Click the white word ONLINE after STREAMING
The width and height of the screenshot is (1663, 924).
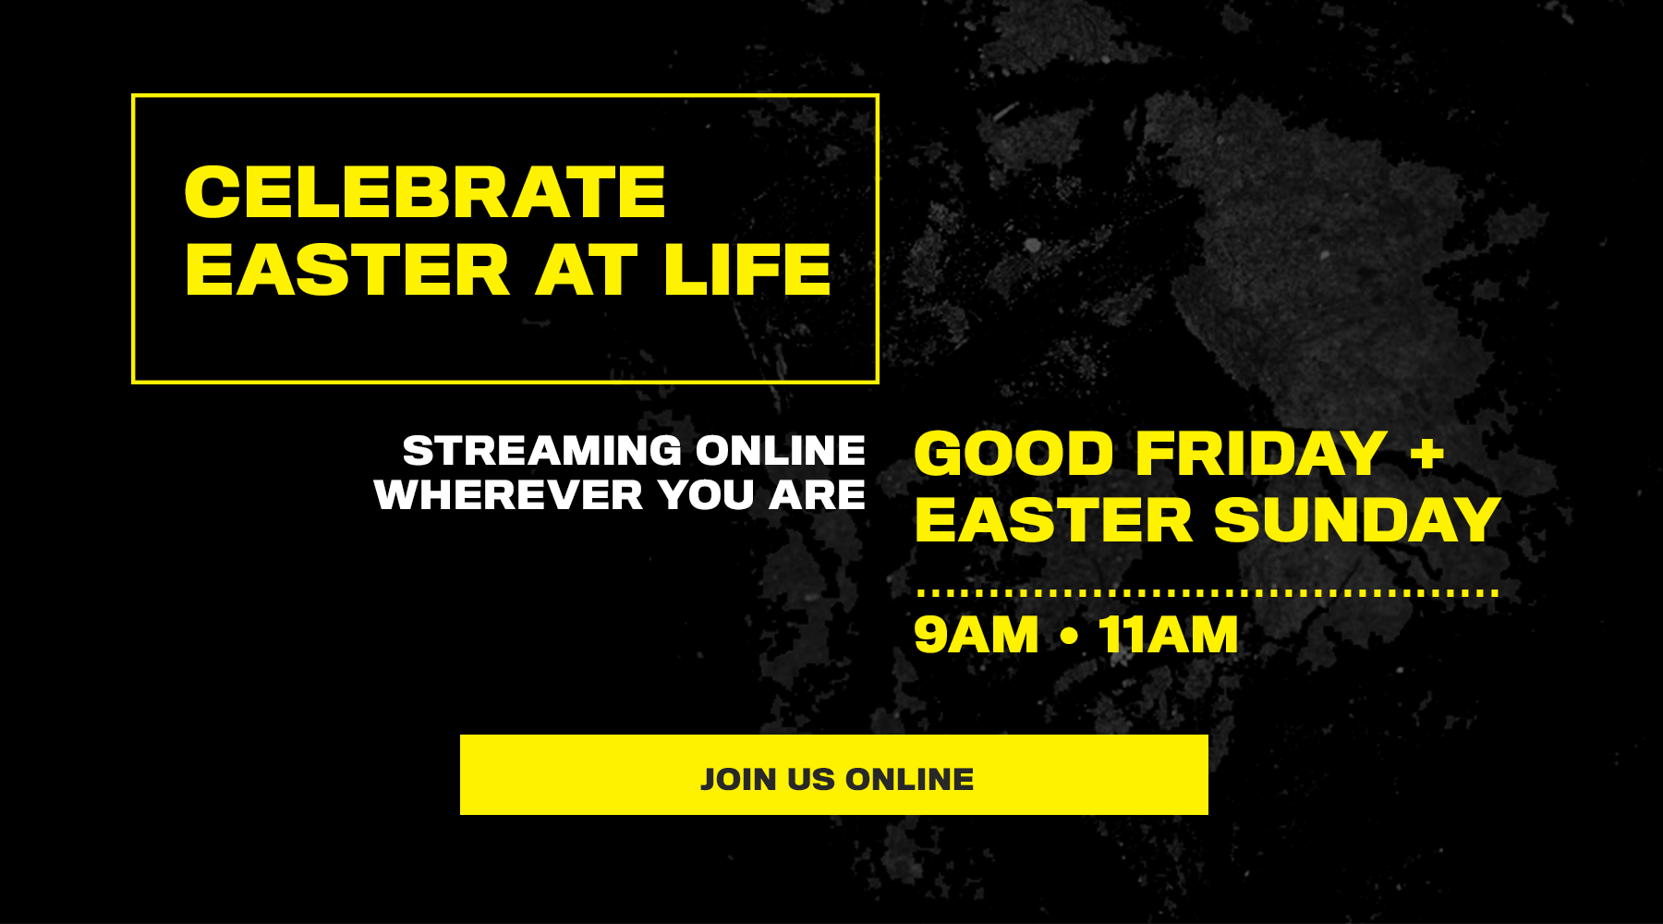(x=781, y=451)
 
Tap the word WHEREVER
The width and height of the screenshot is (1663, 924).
(x=508, y=495)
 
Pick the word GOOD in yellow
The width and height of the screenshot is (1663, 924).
(x=1014, y=454)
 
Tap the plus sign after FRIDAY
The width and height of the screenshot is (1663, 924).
(x=1426, y=454)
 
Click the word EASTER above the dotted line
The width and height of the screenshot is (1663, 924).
(x=1054, y=520)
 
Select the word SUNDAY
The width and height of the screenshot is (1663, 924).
(x=1357, y=520)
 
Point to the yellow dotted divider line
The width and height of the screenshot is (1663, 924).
(x=1207, y=593)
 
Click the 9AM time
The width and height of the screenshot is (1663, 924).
(x=977, y=636)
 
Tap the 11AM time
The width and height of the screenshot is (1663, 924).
(x=1169, y=636)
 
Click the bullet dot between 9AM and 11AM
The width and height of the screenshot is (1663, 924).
(x=1070, y=636)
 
